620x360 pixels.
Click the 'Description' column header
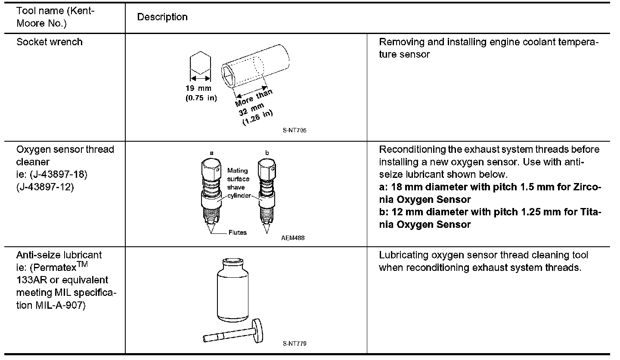click(x=162, y=17)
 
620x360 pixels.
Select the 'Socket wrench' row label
click(x=50, y=42)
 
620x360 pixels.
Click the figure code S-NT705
click(x=295, y=130)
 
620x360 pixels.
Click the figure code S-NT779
click(x=295, y=343)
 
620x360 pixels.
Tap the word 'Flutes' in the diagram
click(x=238, y=233)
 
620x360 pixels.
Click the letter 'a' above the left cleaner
click(x=211, y=153)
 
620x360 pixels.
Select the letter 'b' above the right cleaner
click(x=267, y=153)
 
